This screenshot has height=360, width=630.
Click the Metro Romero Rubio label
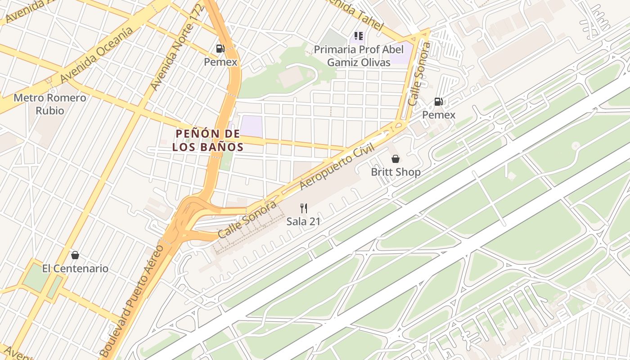click(49, 104)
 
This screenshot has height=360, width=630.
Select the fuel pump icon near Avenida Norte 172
click(220, 49)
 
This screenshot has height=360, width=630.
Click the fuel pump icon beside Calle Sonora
click(438, 102)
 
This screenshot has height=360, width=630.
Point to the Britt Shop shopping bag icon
click(396, 159)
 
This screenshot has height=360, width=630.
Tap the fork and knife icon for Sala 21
click(304, 208)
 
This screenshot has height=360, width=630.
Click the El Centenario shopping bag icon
click(75, 256)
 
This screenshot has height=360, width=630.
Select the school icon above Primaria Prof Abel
click(359, 36)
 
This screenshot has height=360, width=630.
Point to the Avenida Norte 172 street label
click(177, 49)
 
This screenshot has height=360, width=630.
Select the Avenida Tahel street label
click(355, 13)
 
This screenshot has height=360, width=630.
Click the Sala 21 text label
click(303, 221)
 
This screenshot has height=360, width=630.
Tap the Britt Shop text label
click(396, 172)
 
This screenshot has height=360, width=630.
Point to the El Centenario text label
click(75, 269)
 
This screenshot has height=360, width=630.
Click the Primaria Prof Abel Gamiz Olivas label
click(359, 56)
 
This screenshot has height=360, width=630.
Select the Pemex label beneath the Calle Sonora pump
click(438, 115)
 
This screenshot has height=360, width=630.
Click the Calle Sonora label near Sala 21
click(247, 220)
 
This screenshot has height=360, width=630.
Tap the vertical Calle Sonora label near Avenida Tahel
click(419, 74)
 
